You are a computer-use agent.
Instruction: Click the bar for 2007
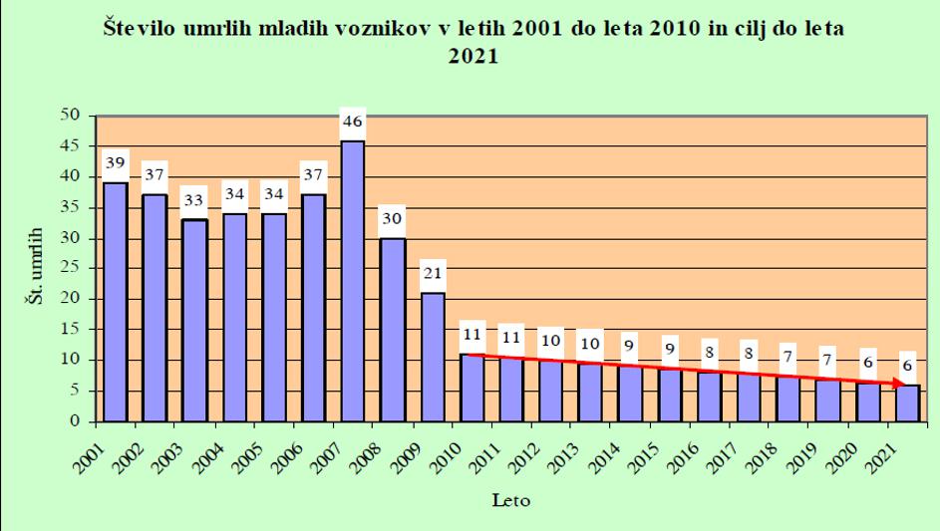coord(353,281)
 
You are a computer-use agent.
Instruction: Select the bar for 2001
coord(115,302)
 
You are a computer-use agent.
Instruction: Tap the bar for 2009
coord(432,357)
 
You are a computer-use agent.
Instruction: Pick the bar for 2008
coord(393,330)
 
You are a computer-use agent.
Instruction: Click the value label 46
coord(353,123)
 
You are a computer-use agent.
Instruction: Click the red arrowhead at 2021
coord(901,384)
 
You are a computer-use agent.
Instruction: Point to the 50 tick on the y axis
coord(70,116)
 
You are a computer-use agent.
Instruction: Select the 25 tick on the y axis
coord(70,269)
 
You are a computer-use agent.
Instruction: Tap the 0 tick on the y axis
coord(76,421)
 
